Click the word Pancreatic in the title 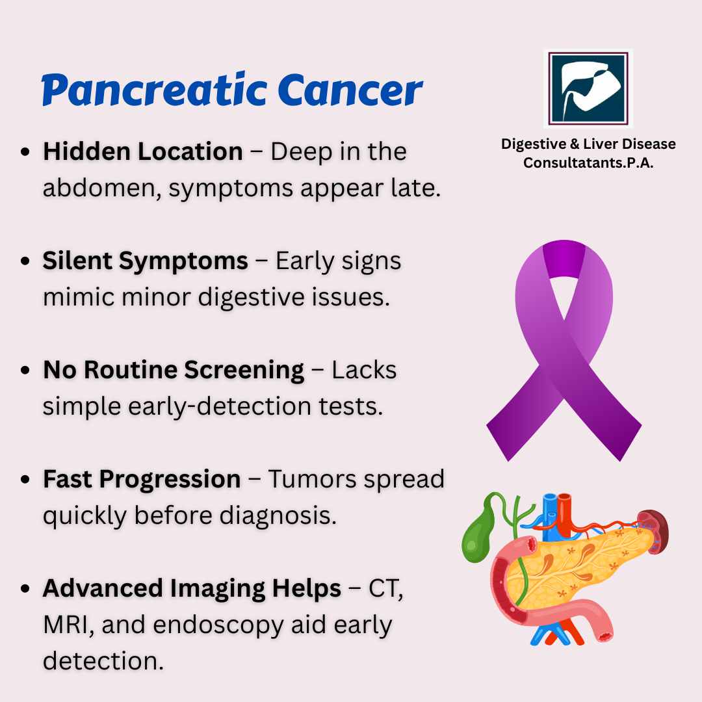pos(155,90)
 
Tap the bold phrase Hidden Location pos(143,151)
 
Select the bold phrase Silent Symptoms pos(145,261)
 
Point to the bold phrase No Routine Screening pos(174,370)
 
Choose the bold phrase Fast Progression pos(142,480)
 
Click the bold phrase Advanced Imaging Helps pos(192,588)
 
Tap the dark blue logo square pos(588,88)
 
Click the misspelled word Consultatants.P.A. pos(588,162)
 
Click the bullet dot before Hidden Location pos(25,151)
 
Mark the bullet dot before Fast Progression pos(25,480)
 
